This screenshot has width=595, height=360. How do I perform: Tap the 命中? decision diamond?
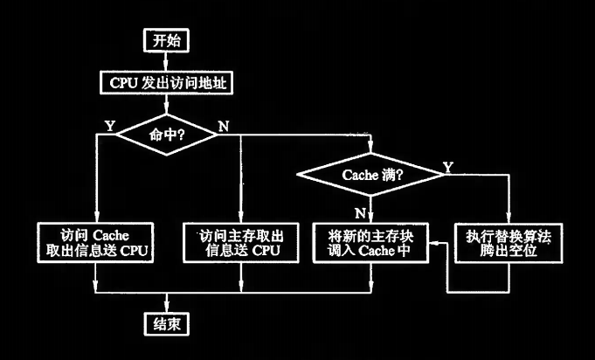point(165,135)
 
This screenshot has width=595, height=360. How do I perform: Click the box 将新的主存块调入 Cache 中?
point(372,244)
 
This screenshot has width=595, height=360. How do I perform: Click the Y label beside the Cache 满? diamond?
point(448,165)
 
